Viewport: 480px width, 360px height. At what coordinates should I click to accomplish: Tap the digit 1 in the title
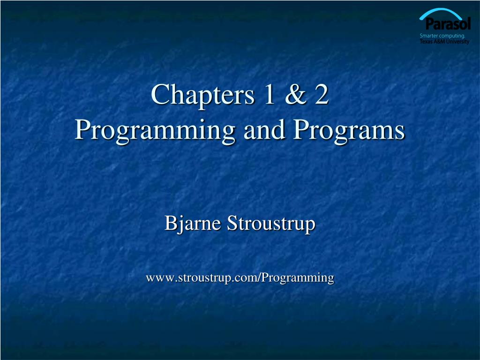click(x=269, y=94)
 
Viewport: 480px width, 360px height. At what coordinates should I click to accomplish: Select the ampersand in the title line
click(x=296, y=94)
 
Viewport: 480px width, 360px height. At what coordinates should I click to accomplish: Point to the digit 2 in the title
click(x=322, y=94)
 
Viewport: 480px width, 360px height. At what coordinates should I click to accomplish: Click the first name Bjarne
click(x=192, y=224)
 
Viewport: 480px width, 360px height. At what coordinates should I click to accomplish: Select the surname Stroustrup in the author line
click(x=271, y=224)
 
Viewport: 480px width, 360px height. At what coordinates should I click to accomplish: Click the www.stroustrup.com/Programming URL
click(x=240, y=278)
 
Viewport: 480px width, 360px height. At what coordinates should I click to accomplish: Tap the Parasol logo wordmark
click(x=448, y=23)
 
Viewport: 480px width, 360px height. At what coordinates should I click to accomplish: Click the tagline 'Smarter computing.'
click(x=442, y=36)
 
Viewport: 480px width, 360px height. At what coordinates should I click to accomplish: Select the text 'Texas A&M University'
click(x=444, y=41)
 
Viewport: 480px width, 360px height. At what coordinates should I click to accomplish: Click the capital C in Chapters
click(x=159, y=94)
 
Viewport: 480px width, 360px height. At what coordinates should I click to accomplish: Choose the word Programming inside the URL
click(x=298, y=278)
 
